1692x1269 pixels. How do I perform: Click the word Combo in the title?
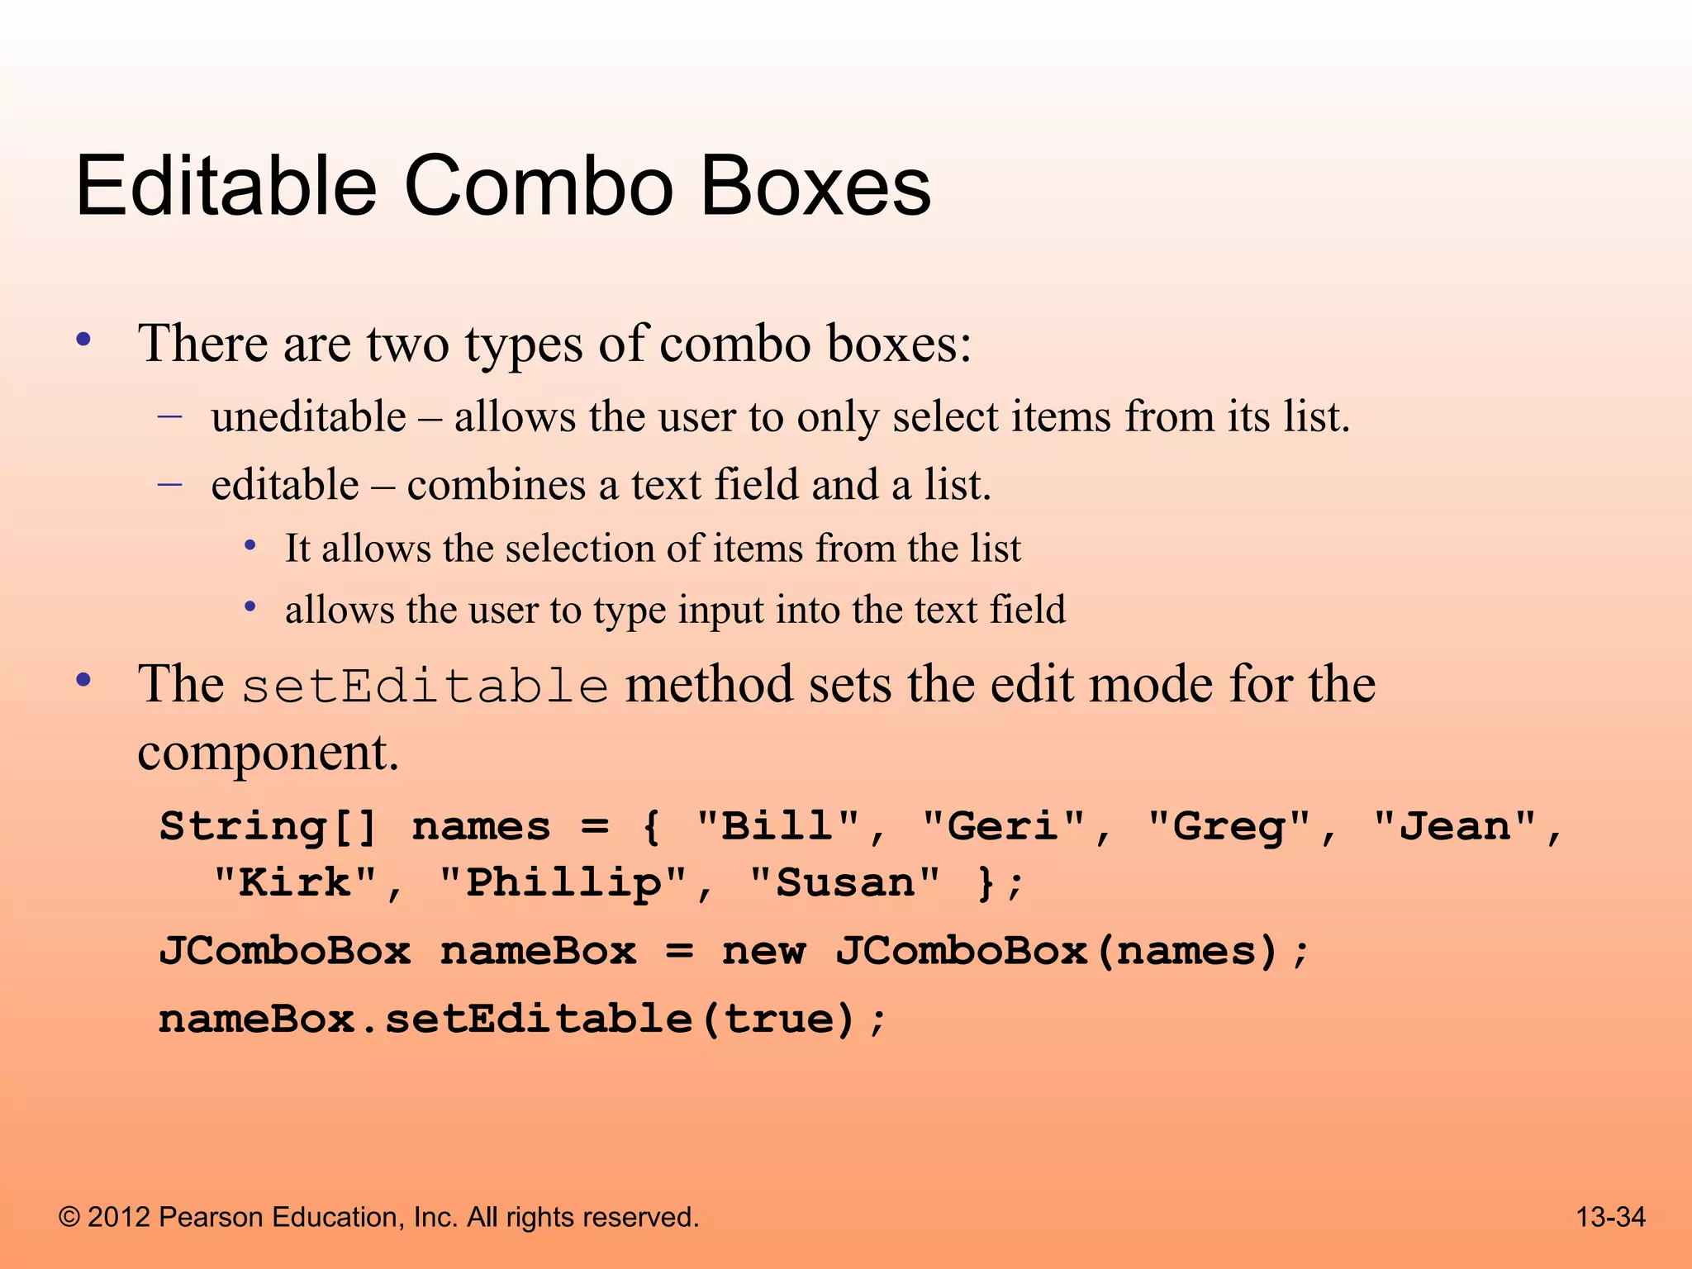click(538, 188)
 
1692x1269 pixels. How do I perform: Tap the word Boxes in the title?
click(815, 188)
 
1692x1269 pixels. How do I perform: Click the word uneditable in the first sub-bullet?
click(308, 416)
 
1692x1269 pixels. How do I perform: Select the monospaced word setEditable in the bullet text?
click(425, 686)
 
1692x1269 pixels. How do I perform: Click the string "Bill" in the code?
click(777, 826)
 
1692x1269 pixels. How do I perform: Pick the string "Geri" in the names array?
click(1003, 826)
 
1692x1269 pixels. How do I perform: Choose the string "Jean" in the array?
click(1454, 826)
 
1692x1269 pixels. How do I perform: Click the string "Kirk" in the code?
click(295, 882)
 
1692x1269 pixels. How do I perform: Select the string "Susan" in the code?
click(844, 882)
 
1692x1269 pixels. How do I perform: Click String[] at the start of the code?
click(269, 826)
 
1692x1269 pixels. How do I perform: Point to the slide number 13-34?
click(1610, 1217)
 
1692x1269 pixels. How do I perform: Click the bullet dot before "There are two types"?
click(83, 340)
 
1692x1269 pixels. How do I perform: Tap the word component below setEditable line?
click(268, 753)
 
